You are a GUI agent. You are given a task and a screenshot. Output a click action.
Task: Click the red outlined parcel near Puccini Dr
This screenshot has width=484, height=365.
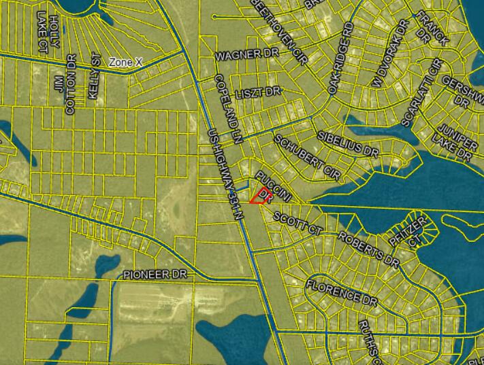259,196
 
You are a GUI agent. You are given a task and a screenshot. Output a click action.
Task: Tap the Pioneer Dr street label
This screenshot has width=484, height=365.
155,274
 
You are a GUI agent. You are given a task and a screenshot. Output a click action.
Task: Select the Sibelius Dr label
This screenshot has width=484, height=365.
346,140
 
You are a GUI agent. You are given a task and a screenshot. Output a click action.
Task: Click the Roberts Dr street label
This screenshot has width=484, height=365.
368,248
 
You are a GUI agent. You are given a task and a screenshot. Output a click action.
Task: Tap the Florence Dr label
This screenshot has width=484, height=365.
341,291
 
